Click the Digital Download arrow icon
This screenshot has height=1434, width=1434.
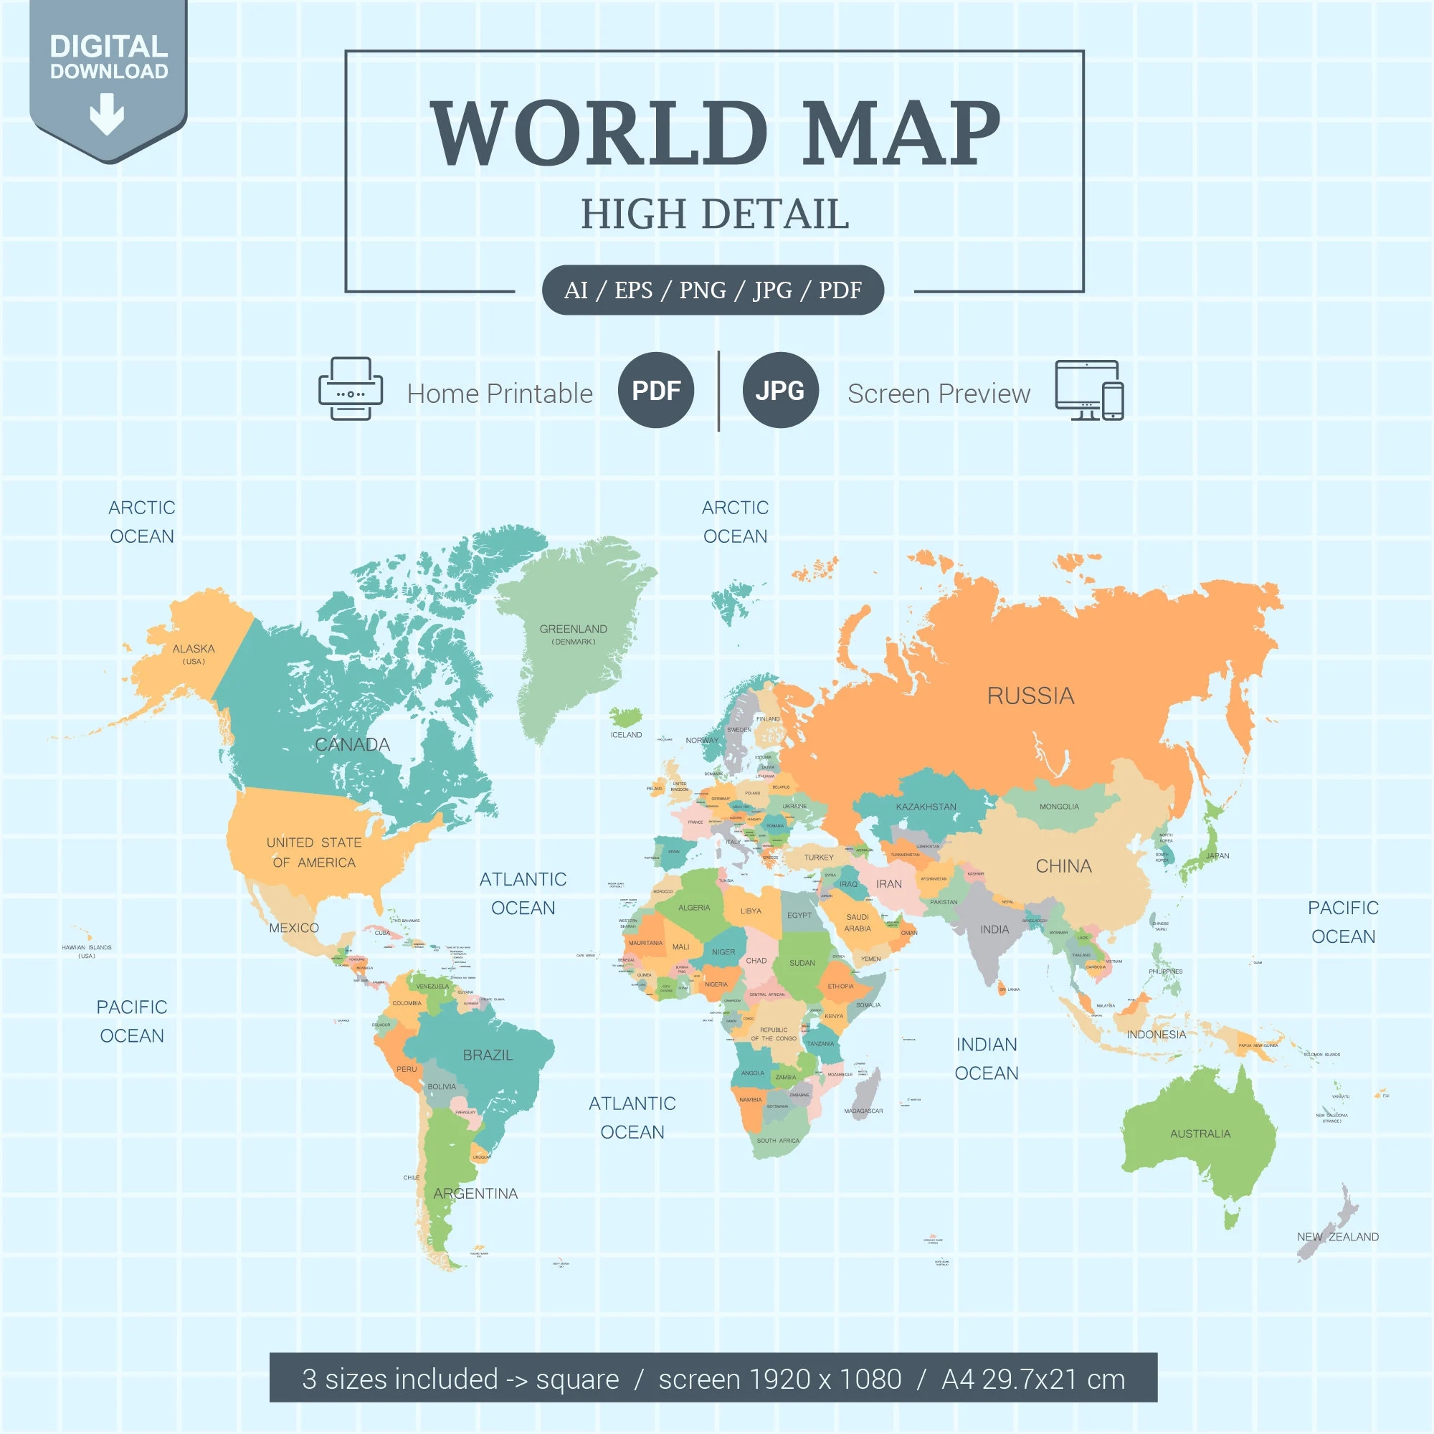107,113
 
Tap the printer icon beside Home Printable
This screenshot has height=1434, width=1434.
351,389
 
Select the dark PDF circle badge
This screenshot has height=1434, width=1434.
655,391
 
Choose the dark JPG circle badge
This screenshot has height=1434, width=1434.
780,391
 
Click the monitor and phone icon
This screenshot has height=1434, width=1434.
1089,391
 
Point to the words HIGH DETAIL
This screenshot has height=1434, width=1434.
715,214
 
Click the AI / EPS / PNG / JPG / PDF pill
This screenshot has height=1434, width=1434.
713,290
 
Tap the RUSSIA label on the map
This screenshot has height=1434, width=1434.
1030,696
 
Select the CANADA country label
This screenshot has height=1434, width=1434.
353,744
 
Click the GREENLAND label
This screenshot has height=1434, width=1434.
573,630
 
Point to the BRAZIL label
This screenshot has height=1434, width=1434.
488,1055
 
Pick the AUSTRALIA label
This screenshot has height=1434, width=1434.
1200,1134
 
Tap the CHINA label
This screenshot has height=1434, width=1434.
1063,866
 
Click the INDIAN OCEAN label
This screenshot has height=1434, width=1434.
987,1058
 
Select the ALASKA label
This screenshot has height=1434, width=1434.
194,649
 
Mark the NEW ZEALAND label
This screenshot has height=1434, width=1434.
1337,1237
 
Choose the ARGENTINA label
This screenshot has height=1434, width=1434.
476,1194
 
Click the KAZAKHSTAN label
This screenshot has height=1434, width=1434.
926,807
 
